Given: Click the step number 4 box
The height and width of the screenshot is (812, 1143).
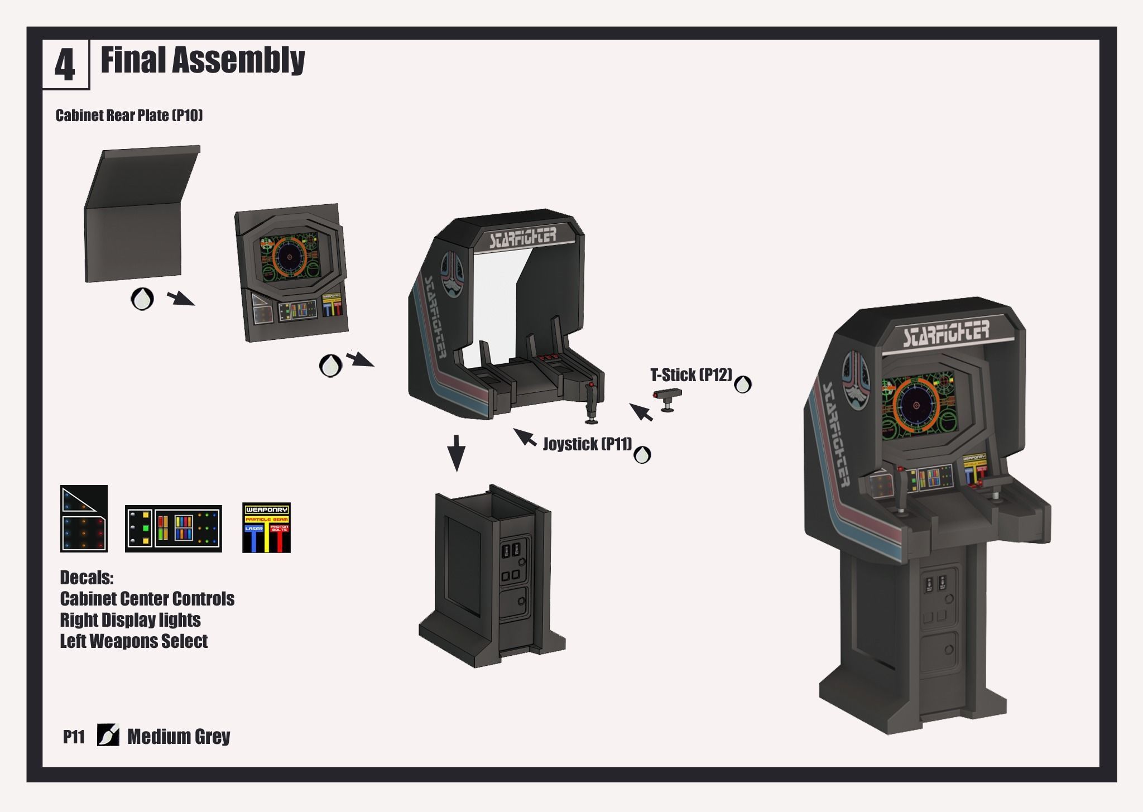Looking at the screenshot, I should point(65,65).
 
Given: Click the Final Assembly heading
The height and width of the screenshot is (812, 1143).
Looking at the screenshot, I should point(203,60).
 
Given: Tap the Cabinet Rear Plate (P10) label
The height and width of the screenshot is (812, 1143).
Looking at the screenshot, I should point(129,116).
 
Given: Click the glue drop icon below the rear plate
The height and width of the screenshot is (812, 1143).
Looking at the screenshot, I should point(142,299).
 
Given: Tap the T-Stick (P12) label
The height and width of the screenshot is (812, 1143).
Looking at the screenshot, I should point(691,375).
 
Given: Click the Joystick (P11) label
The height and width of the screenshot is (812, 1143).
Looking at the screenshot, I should point(587,444).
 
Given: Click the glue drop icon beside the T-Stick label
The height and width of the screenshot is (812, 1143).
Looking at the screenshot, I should point(743,385).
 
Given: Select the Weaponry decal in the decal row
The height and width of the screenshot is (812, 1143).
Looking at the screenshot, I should point(266,527).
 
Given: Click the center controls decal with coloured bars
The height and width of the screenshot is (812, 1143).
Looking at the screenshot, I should point(174,528).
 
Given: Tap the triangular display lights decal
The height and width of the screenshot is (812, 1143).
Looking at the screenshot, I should point(84,519).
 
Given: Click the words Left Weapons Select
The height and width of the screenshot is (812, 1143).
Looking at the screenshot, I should point(134,641).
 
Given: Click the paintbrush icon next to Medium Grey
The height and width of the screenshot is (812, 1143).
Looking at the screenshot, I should point(108,735).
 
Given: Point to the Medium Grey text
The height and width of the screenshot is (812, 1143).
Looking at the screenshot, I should point(179,737).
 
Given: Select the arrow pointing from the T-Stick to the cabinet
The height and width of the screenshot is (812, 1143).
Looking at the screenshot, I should point(641,412).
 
